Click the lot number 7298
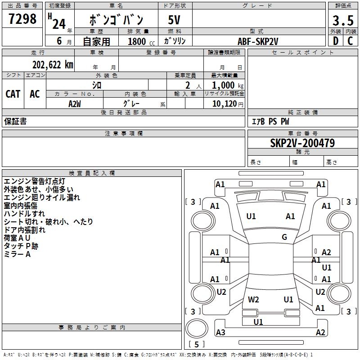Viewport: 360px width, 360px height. point(22,19)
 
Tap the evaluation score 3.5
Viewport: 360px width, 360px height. point(342,20)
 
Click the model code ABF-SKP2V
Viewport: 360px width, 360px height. point(258,41)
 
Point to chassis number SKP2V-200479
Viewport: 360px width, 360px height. point(302,143)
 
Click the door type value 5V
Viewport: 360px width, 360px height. point(175,20)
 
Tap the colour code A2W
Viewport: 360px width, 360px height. point(74,103)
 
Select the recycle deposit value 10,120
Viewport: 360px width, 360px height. point(224,104)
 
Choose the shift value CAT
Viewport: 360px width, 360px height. point(13,94)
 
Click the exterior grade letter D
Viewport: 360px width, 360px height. point(336,41)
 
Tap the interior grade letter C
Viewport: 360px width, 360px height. point(350,41)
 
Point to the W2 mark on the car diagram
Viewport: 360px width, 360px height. point(253,299)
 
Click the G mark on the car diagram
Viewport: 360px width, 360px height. point(284,237)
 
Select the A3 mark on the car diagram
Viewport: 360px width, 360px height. point(220,333)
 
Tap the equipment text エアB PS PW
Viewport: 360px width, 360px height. point(270,121)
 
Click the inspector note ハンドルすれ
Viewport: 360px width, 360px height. point(24,214)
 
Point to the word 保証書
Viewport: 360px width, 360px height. point(15,121)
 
